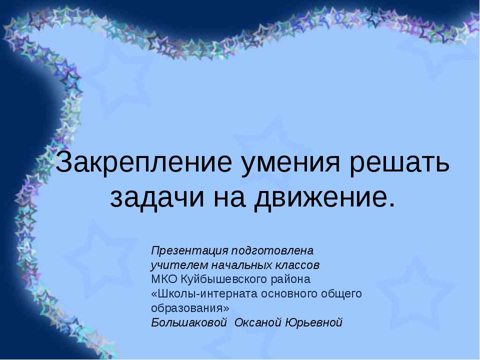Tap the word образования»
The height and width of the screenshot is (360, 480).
tap(190, 307)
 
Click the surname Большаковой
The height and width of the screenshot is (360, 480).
tap(189, 322)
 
